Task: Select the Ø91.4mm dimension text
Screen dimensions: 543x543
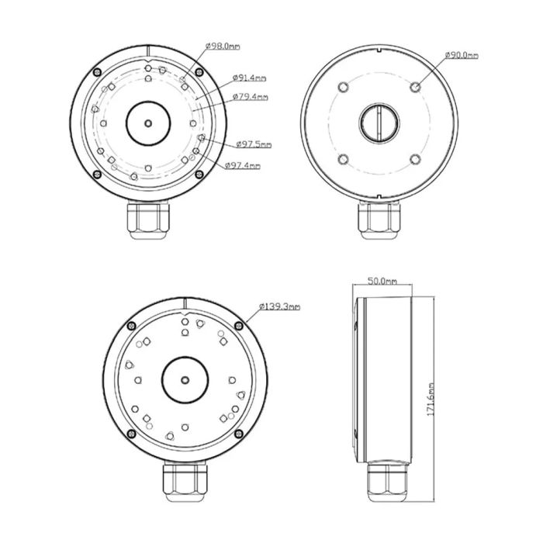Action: point(250,78)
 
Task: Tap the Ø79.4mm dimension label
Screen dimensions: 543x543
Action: point(251,97)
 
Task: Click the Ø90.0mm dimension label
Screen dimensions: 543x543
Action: point(462,56)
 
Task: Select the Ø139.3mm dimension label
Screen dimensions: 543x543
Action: point(281,307)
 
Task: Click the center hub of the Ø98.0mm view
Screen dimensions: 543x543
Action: point(147,122)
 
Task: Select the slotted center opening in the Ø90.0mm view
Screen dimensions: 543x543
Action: point(379,122)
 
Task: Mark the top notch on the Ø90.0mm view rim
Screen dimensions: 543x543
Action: point(379,53)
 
